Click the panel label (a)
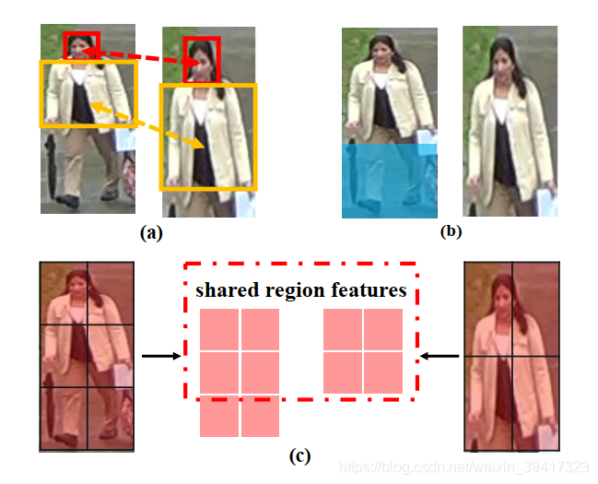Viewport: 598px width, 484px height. pyautogui.click(x=151, y=232)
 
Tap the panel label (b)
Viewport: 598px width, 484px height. pyautogui.click(x=451, y=231)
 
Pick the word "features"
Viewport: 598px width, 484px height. pyautogui.click(x=369, y=290)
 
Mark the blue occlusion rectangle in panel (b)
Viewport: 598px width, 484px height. pyautogui.click(x=388, y=180)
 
